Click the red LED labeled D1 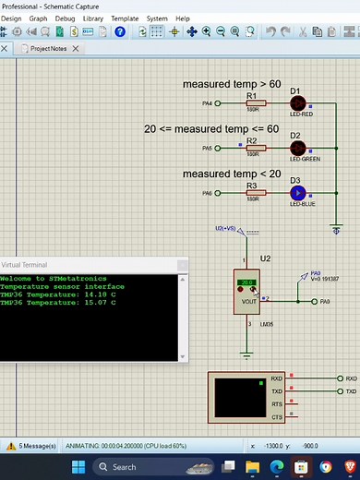pos(297,102)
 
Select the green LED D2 pos(297,148)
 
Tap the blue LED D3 pos(297,193)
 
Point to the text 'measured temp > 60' pos(231,84)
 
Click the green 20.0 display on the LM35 pos(246,283)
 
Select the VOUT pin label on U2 pos(248,301)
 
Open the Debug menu pos(66,18)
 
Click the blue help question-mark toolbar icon pos(120,31)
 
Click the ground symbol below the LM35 pos(246,353)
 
